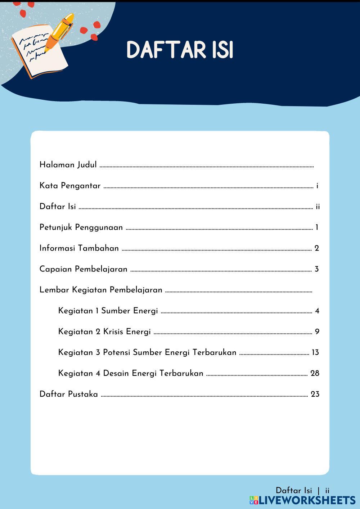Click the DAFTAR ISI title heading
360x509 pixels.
pyautogui.click(x=180, y=50)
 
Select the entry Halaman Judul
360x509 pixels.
pyautogui.click(x=68, y=165)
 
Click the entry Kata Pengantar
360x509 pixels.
pyautogui.click(x=70, y=186)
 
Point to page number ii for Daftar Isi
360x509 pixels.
pyautogui.click(x=318, y=207)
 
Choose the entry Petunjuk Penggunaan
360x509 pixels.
pyautogui.click(x=81, y=228)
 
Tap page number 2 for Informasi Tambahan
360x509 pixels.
pyautogui.click(x=317, y=248)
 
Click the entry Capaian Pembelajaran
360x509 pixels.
pyautogui.click(x=83, y=269)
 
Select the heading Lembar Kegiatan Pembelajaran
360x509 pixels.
pyautogui.click(x=101, y=290)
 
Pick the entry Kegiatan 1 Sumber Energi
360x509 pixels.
pyautogui.click(x=108, y=311)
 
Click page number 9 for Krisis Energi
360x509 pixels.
pyautogui.click(x=317, y=332)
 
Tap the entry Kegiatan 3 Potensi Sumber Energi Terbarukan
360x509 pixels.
pyautogui.click(x=147, y=352)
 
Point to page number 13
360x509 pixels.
pyautogui.click(x=315, y=352)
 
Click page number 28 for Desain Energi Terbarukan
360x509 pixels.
pyautogui.click(x=315, y=373)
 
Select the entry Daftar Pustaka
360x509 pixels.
pyautogui.click(x=68, y=394)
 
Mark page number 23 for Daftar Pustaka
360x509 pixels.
pyautogui.click(x=315, y=394)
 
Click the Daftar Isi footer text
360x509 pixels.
pyautogui.click(x=294, y=490)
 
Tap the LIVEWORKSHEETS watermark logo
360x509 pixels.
pyautogui.click(x=302, y=500)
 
